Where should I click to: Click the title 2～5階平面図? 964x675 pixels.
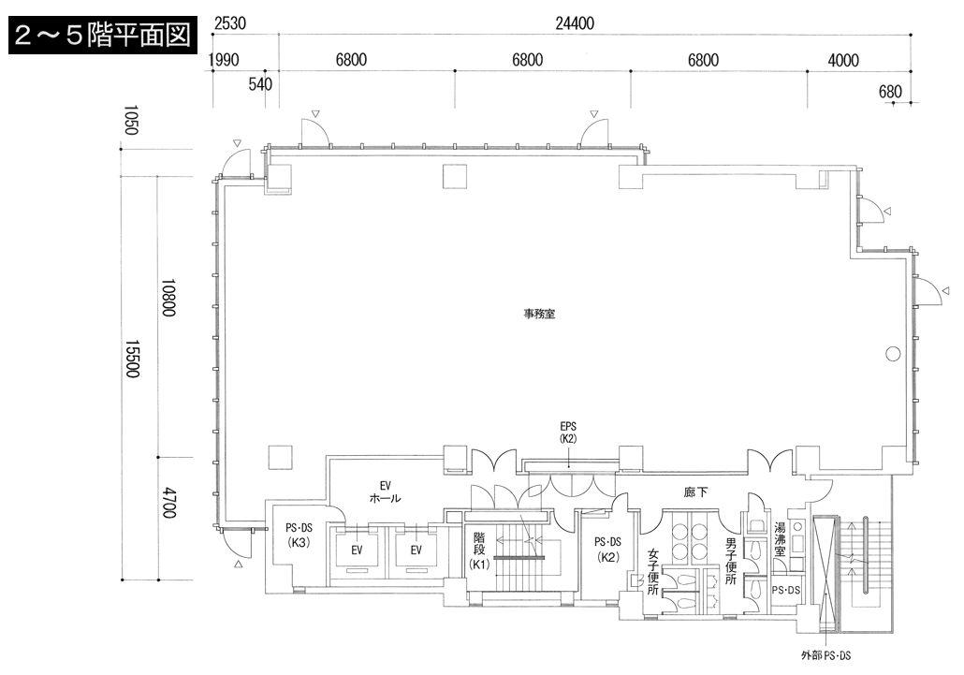point(102,35)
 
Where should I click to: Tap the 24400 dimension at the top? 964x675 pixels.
point(575,23)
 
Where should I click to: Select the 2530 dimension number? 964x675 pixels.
point(230,23)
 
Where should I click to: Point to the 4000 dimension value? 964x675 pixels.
point(843,60)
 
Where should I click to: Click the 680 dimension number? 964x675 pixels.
point(890,92)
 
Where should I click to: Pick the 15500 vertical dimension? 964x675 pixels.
point(133,359)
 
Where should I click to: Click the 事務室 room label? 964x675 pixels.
point(539,315)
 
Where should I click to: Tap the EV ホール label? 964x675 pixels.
point(385,492)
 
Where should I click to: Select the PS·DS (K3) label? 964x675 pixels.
point(299,535)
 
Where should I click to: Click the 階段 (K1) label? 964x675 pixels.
point(479,550)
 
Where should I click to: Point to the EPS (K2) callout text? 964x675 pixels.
point(568,433)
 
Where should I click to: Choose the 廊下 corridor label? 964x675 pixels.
point(695,492)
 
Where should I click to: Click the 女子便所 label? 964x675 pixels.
point(653,572)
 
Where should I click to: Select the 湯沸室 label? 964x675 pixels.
point(779,539)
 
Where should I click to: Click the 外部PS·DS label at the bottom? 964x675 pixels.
point(825,655)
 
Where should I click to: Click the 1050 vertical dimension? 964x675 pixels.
point(131,120)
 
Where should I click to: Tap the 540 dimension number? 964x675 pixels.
point(260,83)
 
